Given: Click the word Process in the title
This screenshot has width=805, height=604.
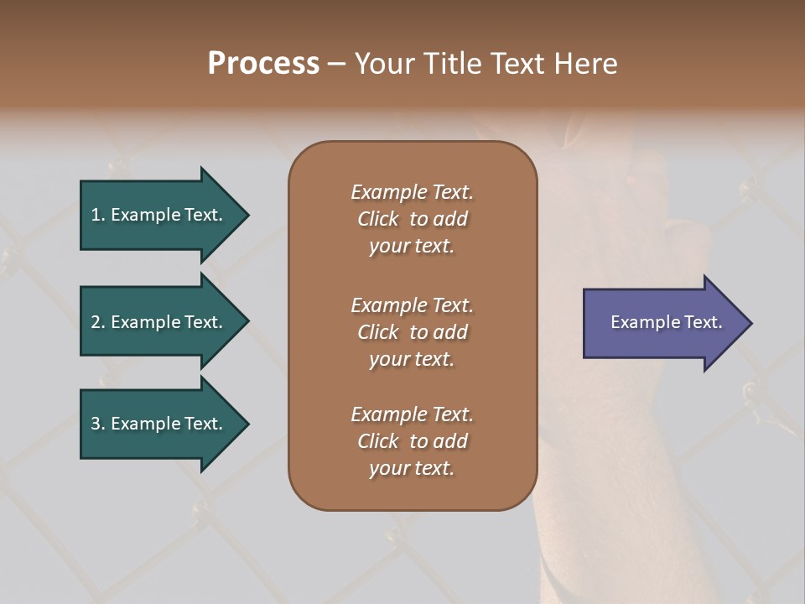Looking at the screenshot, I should (263, 64).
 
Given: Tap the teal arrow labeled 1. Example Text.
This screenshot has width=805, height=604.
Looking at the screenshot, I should (159, 215).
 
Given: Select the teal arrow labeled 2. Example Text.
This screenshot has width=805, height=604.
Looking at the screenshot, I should (159, 322).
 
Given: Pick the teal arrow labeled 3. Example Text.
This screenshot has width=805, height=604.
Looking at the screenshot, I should (159, 424).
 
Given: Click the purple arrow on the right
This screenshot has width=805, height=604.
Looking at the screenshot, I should (662, 323).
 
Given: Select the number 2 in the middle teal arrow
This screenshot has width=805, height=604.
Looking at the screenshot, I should (96, 322).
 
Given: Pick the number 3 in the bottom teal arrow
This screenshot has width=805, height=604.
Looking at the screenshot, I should (96, 424).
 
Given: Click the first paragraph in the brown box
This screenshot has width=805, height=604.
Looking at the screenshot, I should (412, 219).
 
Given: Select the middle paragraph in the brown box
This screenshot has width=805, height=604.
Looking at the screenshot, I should (412, 332).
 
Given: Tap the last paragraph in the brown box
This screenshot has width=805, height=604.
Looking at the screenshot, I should (412, 441).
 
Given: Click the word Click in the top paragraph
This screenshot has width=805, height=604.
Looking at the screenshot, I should (378, 219).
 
